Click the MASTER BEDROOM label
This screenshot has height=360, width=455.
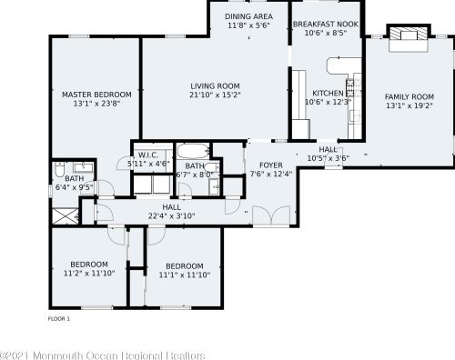click(96, 95)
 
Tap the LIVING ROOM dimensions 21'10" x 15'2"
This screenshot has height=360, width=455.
click(215, 95)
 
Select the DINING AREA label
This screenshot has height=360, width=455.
click(248, 16)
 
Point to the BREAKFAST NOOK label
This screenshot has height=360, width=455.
click(326, 24)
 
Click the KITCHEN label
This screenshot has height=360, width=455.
click(328, 93)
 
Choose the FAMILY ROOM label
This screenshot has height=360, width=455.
click(409, 97)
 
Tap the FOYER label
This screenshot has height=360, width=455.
click(271, 165)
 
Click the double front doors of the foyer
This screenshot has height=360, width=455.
click(271, 215)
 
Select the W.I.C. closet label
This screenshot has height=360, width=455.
click(148, 155)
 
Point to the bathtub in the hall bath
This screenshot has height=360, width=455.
click(193, 151)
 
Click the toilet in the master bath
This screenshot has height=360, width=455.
click(59, 169)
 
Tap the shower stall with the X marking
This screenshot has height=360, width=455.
click(66, 215)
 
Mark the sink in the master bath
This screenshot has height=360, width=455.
click(84, 167)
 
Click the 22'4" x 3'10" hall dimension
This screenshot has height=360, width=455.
click(171, 216)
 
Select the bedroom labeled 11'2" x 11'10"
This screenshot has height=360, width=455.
click(89, 269)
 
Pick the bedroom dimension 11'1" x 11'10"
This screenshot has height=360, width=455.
click(185, 275)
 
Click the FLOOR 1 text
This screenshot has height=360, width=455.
click(59, 319)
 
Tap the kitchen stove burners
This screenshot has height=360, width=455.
click(350, 88)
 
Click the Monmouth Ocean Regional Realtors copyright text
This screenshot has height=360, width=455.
click(103, 355)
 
